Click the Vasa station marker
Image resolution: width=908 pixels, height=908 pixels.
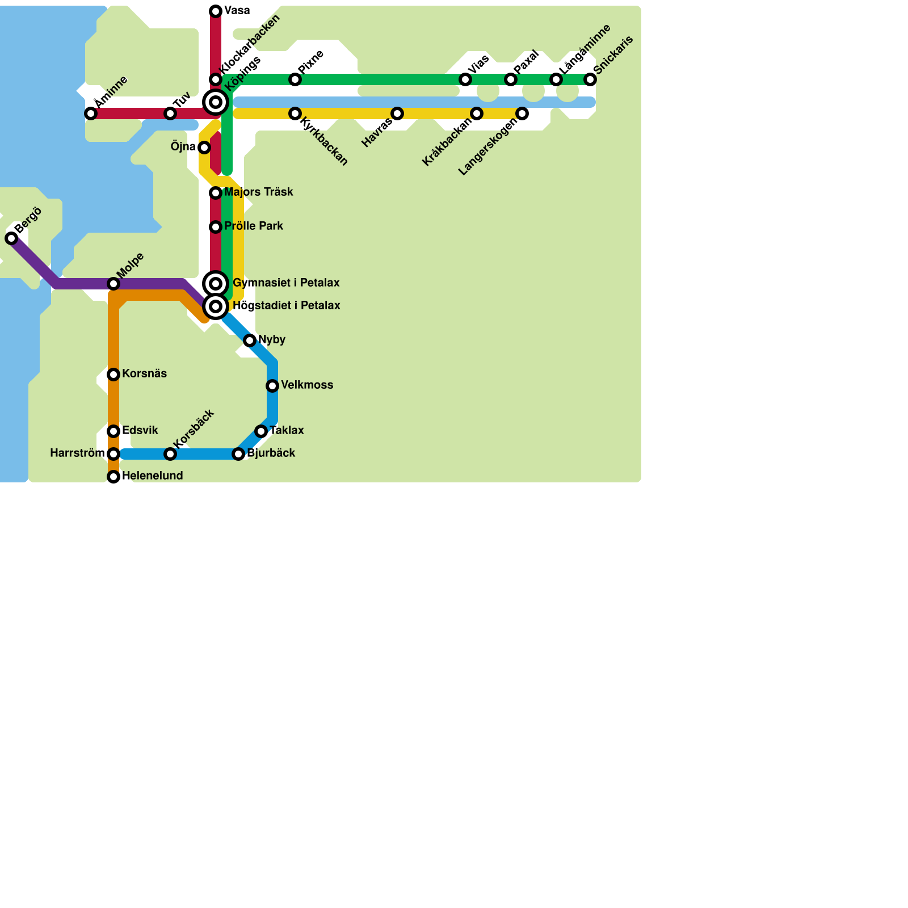216,11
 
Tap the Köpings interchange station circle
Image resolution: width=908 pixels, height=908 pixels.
216,102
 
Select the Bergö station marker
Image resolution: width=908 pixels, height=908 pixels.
11,238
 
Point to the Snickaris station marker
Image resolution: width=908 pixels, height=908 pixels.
590,79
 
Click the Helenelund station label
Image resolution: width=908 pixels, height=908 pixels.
152,476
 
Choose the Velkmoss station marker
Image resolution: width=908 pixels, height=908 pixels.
272,386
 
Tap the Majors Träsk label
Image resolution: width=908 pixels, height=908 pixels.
258,192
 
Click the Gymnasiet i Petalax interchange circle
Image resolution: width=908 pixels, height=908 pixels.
216,284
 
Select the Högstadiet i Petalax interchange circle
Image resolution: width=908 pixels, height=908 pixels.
216,306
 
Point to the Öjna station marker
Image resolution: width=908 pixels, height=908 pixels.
204,148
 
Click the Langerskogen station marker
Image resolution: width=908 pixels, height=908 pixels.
522,113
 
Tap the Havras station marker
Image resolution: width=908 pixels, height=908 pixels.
397,113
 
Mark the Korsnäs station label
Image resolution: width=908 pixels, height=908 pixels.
144,374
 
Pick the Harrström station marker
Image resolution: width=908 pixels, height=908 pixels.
113,454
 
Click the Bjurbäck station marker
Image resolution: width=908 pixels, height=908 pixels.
238,454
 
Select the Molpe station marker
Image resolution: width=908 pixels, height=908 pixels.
113,284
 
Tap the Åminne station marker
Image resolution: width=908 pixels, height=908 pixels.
91,113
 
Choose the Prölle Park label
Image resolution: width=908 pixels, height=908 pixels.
253,226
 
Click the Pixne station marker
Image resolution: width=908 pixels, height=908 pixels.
295,79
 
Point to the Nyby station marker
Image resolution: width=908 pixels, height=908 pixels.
250,340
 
